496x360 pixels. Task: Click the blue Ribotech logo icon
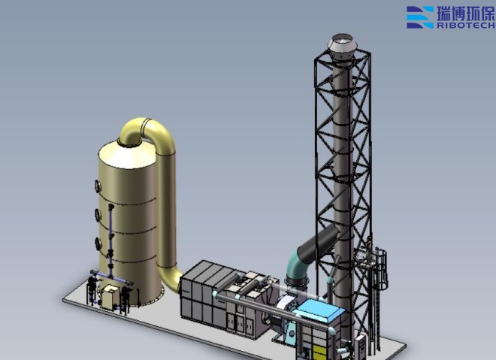click(420, 17)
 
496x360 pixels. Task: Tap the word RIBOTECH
click(466, 25)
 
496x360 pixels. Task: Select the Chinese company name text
click(466, 13)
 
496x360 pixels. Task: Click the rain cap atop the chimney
click(341, 47)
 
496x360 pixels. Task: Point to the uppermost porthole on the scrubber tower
click(98, 186)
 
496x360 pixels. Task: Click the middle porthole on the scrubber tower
click(98, 215)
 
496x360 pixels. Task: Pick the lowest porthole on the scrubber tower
click(98, 244)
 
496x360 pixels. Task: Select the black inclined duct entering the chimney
click(318, 242)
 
